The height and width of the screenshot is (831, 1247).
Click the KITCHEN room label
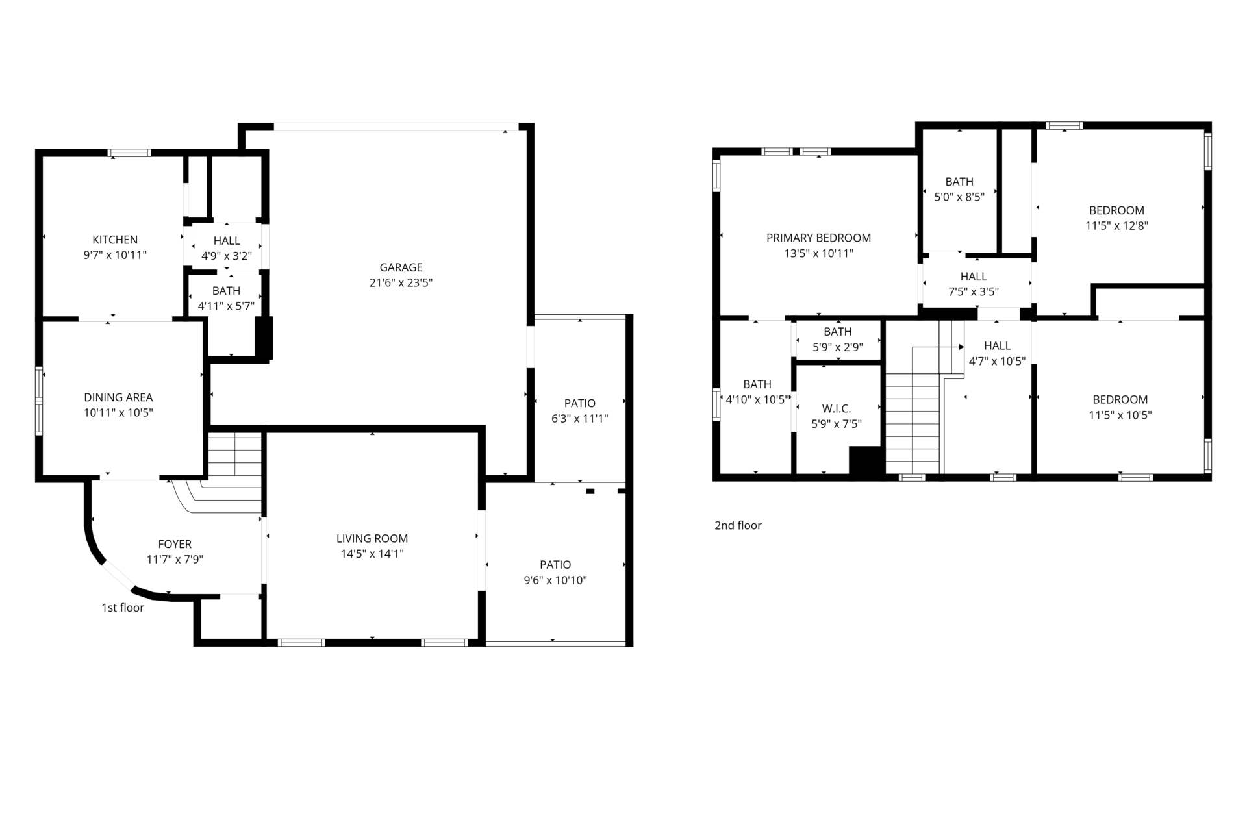(x=115, y=240)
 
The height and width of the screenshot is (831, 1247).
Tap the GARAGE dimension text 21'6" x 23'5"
(x=401, y=283)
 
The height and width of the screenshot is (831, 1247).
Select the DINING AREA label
(x=118, y=397)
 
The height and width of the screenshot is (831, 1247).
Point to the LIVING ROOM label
(x=372, y=538)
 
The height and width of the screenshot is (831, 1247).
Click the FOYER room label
(x=175, y=544)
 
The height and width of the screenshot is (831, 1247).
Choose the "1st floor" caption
(x=123, y=608)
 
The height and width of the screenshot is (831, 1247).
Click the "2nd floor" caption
(x=738, y=525)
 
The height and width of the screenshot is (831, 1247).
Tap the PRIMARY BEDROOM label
(x=818, y=238)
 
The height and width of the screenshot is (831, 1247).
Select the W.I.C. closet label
(x=837, y=408)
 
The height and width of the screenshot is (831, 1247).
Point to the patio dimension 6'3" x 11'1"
(x=579, y=419)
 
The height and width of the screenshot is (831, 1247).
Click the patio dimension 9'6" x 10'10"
(x=555, y=580)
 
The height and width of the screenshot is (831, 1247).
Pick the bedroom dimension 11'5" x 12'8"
(x=1116, y=226)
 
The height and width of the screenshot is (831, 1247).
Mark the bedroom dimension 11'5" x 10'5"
(x=1120, y=415)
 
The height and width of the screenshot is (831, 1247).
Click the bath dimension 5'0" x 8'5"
(x=959, y=197)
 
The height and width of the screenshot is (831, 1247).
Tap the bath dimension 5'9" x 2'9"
(x=838, y=347)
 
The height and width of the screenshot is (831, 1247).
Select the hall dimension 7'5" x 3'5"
(x=974, y=292)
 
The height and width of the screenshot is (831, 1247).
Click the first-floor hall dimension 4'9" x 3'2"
(x=226, y=256)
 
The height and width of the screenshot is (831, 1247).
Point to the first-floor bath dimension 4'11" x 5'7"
(x=226, y=306)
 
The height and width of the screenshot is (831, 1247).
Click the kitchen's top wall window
(x=129, y=153)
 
